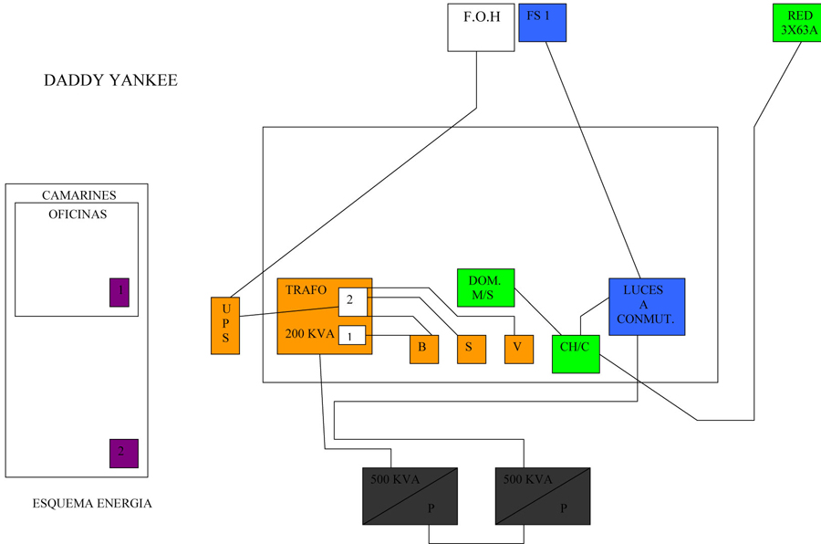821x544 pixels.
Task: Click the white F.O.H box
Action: point(481,27)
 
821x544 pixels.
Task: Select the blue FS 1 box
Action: point(542,23)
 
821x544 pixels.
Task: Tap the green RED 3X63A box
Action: point(795,23)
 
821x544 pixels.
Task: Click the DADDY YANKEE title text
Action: point(110,80)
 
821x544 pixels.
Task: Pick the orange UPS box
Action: point(225,326)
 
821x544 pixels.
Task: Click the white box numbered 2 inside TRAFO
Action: point(352,300)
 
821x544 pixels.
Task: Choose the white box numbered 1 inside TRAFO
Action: point(351,336)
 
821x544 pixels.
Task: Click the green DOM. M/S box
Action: point(485,288)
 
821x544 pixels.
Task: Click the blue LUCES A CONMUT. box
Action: point(646,307)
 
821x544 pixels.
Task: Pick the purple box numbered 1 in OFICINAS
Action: point(120,292)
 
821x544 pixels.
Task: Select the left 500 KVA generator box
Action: point(410,497)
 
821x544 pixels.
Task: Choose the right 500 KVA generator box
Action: point(542,497)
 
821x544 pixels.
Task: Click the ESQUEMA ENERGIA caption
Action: point(92,504)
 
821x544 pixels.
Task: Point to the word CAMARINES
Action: point(79,195)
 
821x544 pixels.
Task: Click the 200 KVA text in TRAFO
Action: point(309,334)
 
